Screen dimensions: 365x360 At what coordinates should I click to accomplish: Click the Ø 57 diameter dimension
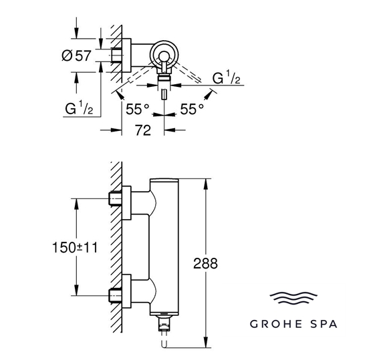pos(76,55)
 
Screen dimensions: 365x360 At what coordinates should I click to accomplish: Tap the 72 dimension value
pos(143,130)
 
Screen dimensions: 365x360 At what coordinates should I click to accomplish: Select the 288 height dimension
pos(205,263)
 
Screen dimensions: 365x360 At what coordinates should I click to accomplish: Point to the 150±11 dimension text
pos(75,247)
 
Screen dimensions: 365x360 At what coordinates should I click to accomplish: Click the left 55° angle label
pos(138,109)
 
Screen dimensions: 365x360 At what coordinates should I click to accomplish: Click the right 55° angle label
pos(192,109)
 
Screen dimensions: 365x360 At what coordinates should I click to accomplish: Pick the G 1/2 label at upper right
pos(226,77)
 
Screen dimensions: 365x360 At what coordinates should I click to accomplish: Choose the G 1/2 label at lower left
pos(79,108)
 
